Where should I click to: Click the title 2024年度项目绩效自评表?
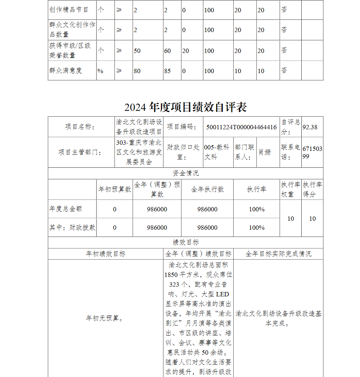pyautogui.click(x=185, y=107)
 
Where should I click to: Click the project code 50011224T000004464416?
pyautogui.click(x=241, y=127)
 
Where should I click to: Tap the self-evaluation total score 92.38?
pyautogui.click(x=310, y=127)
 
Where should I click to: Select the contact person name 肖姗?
pyautogui.click(x=265, y=152)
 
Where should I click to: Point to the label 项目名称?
pyautogui.click(x=80, y=127)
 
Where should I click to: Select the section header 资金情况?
pyautogui.click(x=185, y=173)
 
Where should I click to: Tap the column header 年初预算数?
pyautogui.click(x=114, y=189)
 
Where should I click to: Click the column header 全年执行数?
pyautogui.click(x=207, y=189)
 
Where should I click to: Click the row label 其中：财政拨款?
pyautogui.click(x=72, y=228)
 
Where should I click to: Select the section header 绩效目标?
pyautogui.click(x=185, y=242)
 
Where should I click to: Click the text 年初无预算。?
pyautogui.click(x=105, y=318)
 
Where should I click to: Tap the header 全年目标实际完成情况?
pyautogui.click(x=278, y=254)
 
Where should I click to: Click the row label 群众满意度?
pyautogui.click(x=66, y=71)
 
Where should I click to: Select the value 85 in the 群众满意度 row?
pyautogui.click(x=167, y=71)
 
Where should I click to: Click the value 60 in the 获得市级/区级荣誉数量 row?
pyautogui.click(x=167, y=51)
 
